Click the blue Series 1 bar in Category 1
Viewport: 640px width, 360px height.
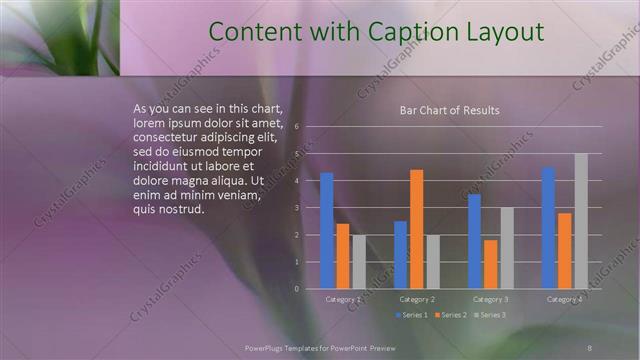pos(327,230)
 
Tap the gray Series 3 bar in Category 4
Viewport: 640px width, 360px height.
pos(580,221)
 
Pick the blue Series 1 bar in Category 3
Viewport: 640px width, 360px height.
pos(474,241)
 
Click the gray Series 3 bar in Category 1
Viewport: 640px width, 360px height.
pos(359,262)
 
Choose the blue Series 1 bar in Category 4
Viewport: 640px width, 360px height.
pos(548,228)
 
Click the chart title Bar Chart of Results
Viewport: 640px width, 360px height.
pos(443,111)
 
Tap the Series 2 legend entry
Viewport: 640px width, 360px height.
pos(449,316)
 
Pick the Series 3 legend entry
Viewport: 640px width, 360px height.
pos(488,316)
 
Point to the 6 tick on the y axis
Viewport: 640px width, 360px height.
pos(297,128)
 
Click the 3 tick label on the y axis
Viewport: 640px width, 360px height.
pos(297,208)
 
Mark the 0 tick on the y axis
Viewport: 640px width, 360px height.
pos(297,289)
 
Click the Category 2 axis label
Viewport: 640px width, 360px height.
pos(417,300)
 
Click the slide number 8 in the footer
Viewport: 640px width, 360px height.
pos(590,347)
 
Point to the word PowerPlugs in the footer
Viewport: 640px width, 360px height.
pos(267,347)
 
